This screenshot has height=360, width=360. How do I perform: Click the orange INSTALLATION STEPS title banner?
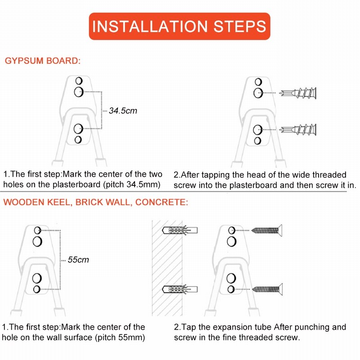pyautogui.click(x=180, y=26)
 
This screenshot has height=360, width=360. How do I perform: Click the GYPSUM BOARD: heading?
pyautogui.click(x=43, y=61)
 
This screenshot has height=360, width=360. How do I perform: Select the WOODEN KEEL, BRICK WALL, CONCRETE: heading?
pyautogui.click(x=95, y=202)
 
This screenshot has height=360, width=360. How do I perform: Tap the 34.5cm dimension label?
pyautogui.click(x=123, y=111)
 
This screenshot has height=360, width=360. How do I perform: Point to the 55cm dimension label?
pyautogui.click(x=78, y=260)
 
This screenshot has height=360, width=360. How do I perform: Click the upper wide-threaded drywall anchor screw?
pyautogui.click(x=298, y=93)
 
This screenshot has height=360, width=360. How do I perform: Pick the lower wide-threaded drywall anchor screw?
pyautogui.click(x=298, y=130)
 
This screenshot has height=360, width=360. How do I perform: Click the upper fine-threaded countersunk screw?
pyautogui.click(x=267, y=230)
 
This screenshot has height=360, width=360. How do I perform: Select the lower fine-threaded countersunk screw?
pyautogui.click(x=267, y=289)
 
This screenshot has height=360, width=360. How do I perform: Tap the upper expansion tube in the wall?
pyautogui.click(x=180, y=230)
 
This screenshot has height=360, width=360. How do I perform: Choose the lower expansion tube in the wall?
pyautogui.click(x=180, y=289)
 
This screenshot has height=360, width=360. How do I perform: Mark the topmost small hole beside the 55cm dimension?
pyautogui.click(x=37, y=230)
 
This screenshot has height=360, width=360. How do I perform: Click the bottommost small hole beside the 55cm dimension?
pyautogui.click(x=37, y=289)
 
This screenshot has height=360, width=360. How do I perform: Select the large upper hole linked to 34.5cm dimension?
pyautogui.click(x=79, y=92)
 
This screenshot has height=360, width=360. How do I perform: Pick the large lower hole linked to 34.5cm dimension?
pyautogui.click(x=78, y=129)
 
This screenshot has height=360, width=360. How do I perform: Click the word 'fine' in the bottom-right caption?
pyautogui.click(x=229, y=337)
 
